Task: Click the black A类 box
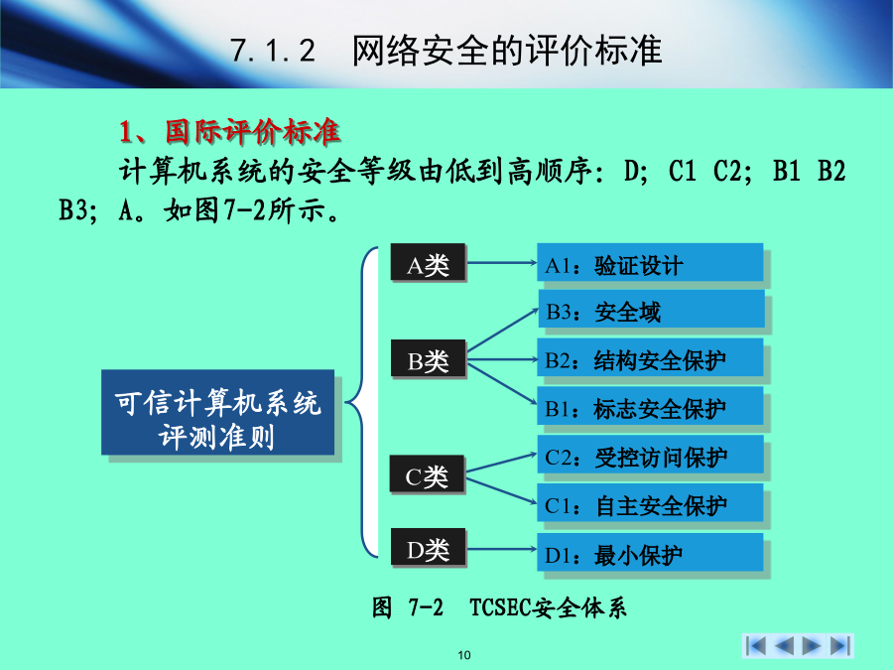(428, 262)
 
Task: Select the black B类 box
(428, 358)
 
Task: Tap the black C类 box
(427, 473)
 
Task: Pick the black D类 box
(428, 547)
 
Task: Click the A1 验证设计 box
(650, 262)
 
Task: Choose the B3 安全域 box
(652, 309)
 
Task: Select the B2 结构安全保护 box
(650, 357)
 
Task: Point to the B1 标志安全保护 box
(650, 406)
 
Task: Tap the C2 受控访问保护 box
(650, 454)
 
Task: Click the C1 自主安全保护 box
(650, 502)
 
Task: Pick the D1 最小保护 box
(650, 552)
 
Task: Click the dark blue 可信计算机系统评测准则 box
(217, 413)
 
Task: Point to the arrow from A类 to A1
(501, 263)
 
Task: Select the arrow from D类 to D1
(501, 549)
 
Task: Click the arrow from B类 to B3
(502, 330)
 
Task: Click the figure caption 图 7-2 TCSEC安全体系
(499, 607)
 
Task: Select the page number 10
(464, 655)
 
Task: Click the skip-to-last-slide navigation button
(840, 645)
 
